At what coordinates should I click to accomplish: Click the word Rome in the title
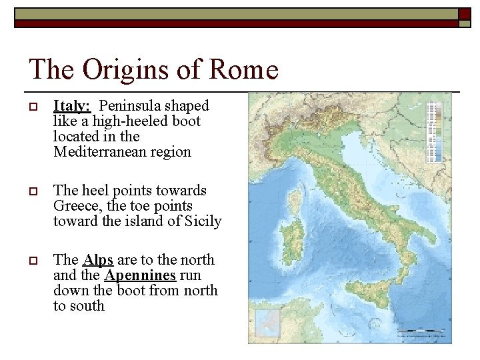click(x=245, y=70)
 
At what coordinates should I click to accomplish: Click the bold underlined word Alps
click(x=97, y=260)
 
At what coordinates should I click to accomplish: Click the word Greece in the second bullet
click(x=76, y=206)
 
